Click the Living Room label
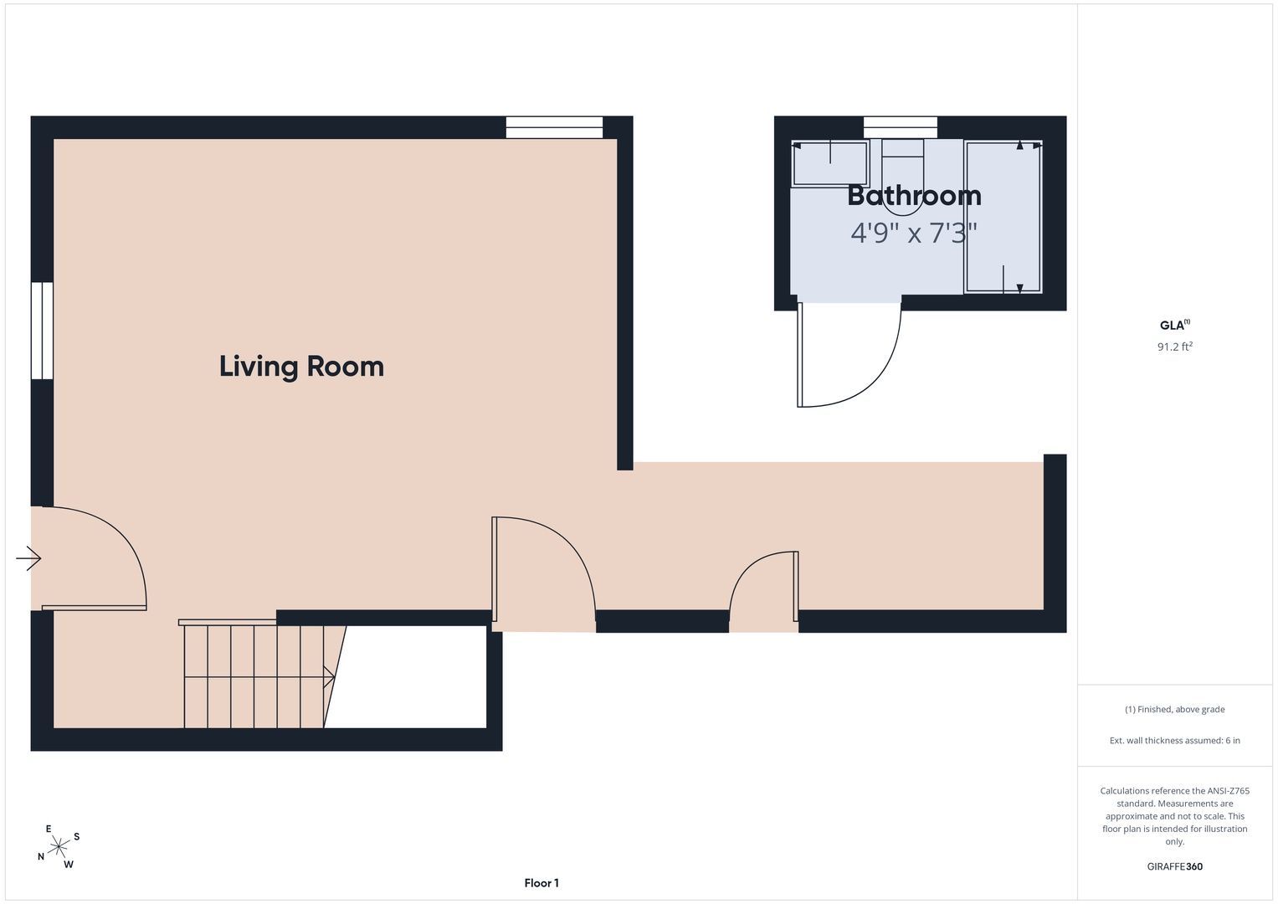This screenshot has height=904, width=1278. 301,367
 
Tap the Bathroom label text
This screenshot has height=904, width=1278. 914,196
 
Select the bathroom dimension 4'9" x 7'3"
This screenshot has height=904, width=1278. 914,233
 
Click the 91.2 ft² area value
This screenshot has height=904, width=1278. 1175,347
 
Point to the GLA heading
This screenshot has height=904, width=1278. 1175,325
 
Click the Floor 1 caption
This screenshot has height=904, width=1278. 541,883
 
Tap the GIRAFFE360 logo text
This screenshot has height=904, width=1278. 1175,866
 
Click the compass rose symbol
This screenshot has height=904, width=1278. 59,846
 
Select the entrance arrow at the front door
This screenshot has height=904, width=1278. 28,558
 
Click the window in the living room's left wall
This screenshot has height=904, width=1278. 42,331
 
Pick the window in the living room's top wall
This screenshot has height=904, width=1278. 554,127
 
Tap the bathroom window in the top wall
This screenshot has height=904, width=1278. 901,127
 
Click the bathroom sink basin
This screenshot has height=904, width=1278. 830,163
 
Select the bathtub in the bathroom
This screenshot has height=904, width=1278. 1003,217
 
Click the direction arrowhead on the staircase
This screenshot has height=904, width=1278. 329,677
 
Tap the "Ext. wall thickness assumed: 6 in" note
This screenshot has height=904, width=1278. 1175,740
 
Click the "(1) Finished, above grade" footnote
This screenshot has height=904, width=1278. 1175,710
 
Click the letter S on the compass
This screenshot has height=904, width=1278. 76,837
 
